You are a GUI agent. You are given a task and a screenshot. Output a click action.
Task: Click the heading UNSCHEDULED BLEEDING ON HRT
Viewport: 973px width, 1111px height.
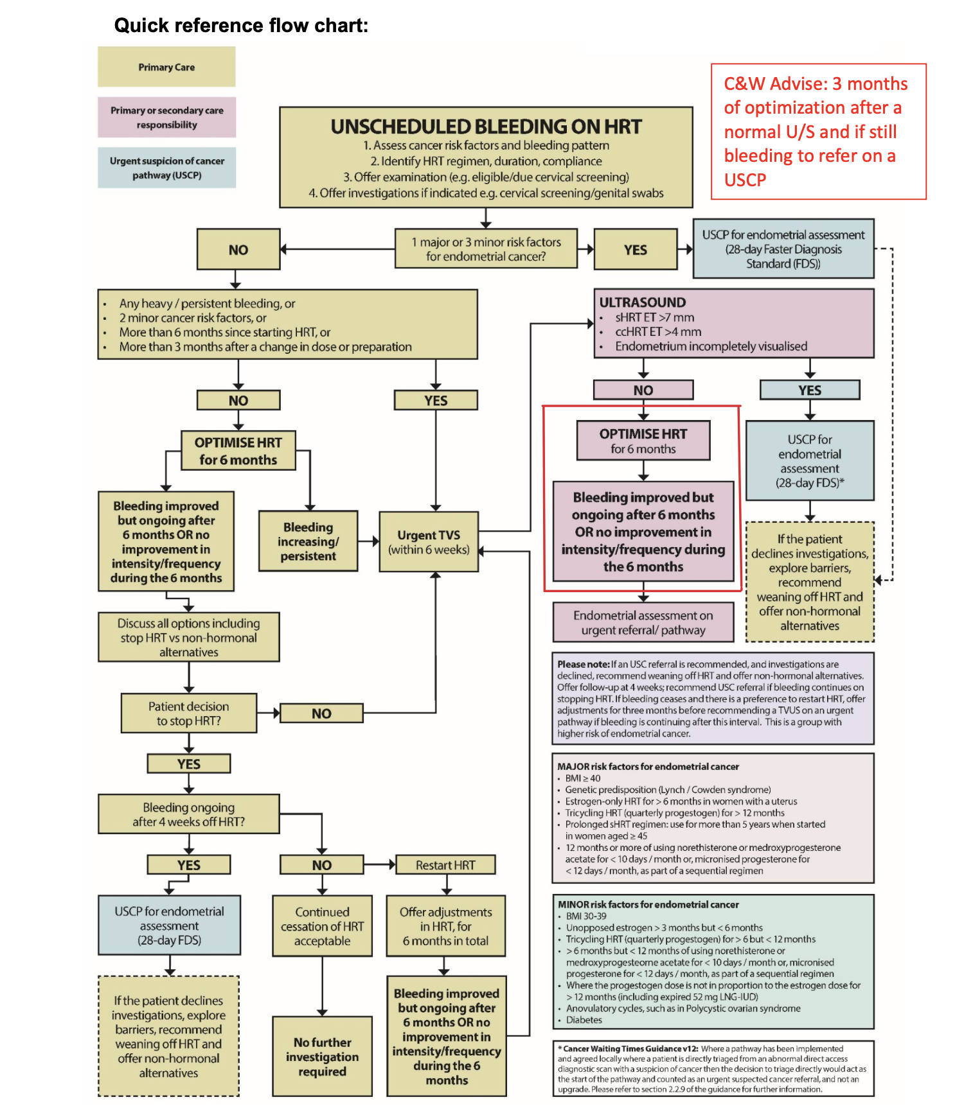point(486,127)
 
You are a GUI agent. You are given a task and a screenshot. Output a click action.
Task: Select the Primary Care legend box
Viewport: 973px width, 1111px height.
point(166,67)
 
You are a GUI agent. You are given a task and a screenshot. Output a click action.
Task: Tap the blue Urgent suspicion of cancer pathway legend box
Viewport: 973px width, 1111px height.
point(166,168)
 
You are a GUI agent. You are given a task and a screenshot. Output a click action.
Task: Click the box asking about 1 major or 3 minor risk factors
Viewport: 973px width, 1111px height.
point(486,249)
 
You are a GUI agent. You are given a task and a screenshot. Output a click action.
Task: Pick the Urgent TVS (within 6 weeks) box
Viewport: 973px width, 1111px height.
point(429,541)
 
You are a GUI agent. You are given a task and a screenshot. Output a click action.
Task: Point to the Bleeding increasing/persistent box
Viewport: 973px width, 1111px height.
point(308,541)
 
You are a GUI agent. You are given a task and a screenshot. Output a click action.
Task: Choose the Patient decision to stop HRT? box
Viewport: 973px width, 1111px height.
point(189,713)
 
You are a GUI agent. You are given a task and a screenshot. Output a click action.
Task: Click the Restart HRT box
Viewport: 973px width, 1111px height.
point(445,865)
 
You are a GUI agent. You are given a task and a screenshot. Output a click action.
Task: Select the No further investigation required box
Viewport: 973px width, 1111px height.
point(322,1056)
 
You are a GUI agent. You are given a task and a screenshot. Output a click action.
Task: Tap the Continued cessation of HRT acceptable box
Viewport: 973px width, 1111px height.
point(322,926)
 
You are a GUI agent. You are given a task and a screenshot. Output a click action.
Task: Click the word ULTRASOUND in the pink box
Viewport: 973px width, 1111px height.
point(642,302)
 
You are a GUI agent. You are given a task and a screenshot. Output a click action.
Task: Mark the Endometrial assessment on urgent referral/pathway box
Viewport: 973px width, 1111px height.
point(643,622)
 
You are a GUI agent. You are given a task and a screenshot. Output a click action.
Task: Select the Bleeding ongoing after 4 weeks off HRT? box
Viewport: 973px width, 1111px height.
point(189,814)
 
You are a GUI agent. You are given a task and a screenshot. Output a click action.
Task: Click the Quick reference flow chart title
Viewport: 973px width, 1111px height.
point(241,26)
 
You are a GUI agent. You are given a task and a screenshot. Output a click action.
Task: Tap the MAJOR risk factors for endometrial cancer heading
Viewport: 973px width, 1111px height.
point(648,766)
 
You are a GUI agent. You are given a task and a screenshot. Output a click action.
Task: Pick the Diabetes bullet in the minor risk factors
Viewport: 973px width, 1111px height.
point(584,1020)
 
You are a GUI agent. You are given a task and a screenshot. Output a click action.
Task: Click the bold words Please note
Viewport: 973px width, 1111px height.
point(584,664)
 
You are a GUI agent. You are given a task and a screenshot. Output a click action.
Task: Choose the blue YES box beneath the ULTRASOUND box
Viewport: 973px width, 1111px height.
point(810,390)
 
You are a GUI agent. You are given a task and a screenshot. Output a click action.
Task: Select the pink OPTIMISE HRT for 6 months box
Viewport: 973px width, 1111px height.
point(643,441)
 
